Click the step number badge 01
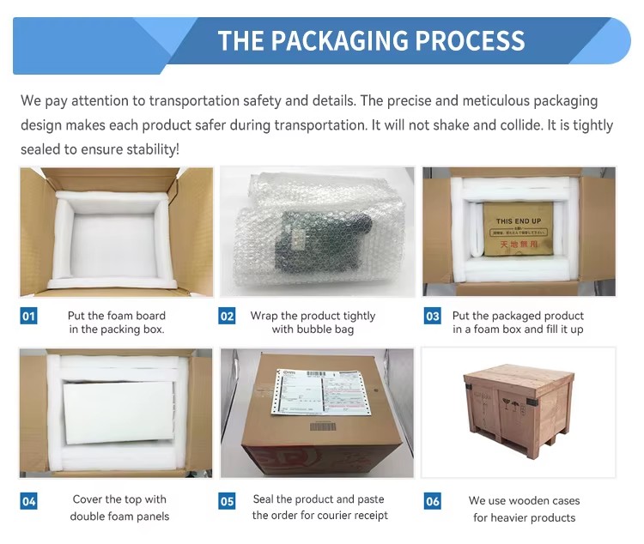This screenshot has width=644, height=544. click(29, 317)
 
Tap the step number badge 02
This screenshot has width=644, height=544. click(228, 317)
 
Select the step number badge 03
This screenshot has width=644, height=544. click(433, 317)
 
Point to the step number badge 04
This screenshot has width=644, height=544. click(29, 500)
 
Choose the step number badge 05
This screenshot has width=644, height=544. click(228, 500)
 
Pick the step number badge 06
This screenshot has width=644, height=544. click(433, 500)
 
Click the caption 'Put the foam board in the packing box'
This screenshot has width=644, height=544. click(117, 323)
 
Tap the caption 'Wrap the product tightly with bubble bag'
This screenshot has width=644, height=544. click(313, 323)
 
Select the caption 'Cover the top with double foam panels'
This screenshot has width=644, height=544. click(119, 508)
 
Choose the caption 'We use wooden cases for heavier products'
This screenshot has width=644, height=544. click(524, 509)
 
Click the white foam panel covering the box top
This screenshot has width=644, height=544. click(118, 411)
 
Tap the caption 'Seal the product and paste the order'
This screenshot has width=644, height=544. click(319, 507)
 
